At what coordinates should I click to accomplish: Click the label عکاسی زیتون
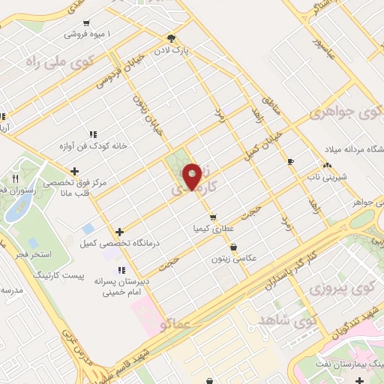pos(235,257)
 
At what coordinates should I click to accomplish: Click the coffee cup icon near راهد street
pos(290,161)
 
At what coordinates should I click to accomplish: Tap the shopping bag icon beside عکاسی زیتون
pos(232,246)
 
